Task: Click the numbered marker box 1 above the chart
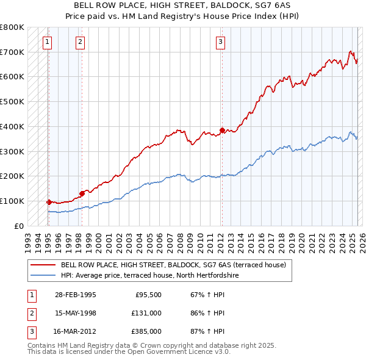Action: tap(48, 42)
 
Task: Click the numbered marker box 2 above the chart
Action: tap(81, 42)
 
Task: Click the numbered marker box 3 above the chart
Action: tap(220, 42)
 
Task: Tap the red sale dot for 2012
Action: tap(222, 130)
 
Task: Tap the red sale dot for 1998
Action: tap(82, 193)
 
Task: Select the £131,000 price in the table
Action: tap(146, 313)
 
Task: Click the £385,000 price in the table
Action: tap(146, 332)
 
